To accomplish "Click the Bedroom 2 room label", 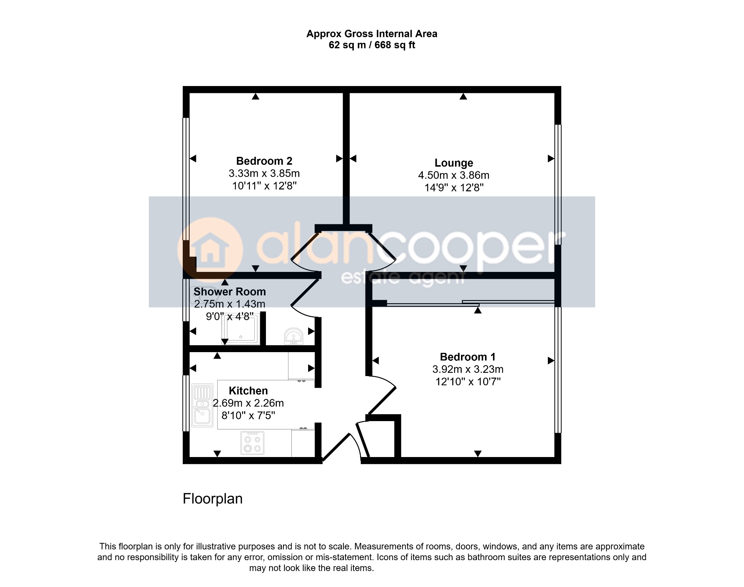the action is click(264, 161).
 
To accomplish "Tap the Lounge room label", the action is click(454, 163).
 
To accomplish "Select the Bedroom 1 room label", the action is click(468, 357).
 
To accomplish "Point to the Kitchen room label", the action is click(248, 391).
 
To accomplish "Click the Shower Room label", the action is click(230, 292).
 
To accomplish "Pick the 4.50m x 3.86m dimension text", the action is click(454, 175).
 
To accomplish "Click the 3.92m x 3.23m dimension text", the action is click(468, 369).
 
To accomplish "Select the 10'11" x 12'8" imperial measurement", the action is click(264, 186).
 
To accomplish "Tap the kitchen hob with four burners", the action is click(252, 443).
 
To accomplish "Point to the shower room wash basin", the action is click(294, 336).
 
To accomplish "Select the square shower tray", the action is click(241, 329).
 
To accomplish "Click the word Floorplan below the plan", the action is click(213, 499).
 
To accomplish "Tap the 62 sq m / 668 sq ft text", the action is click(372, 45).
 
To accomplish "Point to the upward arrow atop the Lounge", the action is click(463, 96).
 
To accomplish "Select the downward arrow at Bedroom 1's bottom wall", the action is click(478, 453).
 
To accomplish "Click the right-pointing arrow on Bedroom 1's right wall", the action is click(551, 360).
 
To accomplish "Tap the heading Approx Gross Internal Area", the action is click(372, 34).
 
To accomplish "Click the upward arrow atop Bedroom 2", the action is click(256, 96).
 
